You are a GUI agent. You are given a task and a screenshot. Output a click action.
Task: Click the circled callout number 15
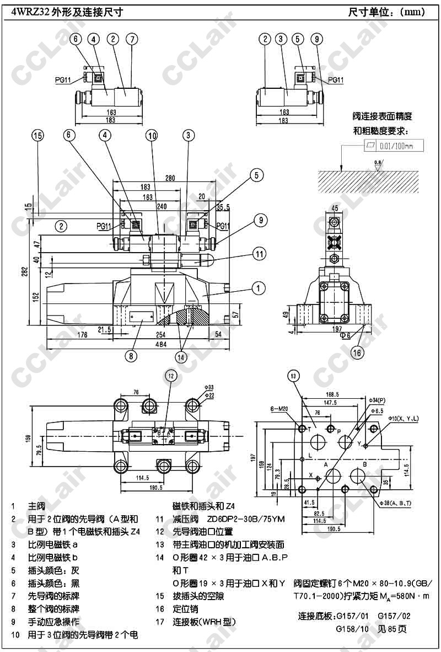pos(37,135)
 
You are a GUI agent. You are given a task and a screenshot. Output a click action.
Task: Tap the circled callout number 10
pos(152,135)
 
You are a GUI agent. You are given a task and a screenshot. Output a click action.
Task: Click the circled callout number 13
pos(294,377)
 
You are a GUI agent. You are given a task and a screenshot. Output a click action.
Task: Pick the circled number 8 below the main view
pos(131,356)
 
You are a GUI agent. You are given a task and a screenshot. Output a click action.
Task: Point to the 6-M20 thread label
pos(280,409)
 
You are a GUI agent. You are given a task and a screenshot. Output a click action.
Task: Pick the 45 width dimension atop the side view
pos(335,208)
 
